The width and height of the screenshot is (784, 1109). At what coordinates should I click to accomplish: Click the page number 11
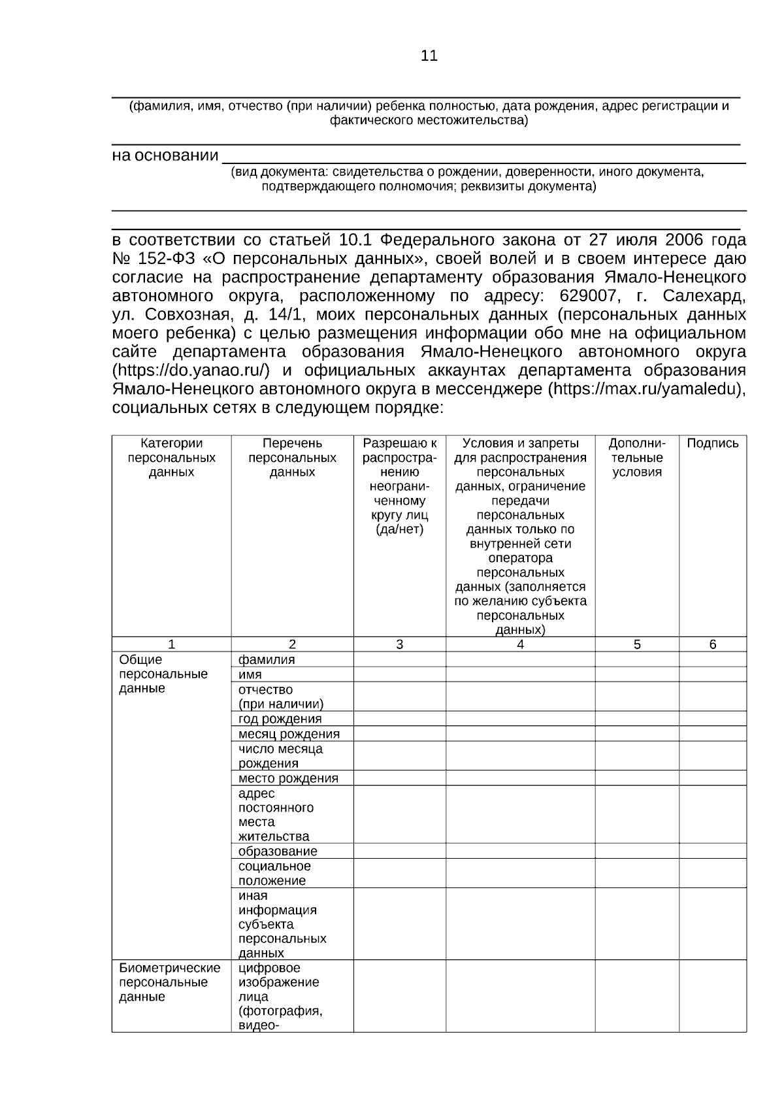tap(429, 56)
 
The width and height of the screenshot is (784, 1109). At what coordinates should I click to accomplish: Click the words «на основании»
tap(165, 156)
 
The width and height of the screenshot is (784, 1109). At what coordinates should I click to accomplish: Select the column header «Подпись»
tap(712, 444)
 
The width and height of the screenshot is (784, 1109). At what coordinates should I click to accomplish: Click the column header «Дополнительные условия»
tap(636, 457)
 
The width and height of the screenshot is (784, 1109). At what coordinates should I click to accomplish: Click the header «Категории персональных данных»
tap(171, 457)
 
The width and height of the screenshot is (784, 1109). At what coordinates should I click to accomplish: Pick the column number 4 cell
tap(520, 644)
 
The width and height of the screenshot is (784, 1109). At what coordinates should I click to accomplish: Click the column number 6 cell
tap(712, 644)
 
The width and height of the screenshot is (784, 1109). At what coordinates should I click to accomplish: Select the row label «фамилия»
tap(267, 659)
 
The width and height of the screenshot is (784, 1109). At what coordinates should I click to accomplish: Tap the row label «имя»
tap(250, 674)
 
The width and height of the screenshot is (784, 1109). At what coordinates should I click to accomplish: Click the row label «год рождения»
tap(280, 719)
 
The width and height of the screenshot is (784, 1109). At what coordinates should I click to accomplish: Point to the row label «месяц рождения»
tap(289, 734)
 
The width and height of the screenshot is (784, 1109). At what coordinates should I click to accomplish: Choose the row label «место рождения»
tap(288, 778)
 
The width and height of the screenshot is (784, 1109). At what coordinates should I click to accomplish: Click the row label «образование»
tap(278, 852)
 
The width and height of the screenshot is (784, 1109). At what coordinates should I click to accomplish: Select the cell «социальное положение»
tap(274, 873)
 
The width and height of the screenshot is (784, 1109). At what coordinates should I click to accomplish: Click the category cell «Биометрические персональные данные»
tap(170, 982)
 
